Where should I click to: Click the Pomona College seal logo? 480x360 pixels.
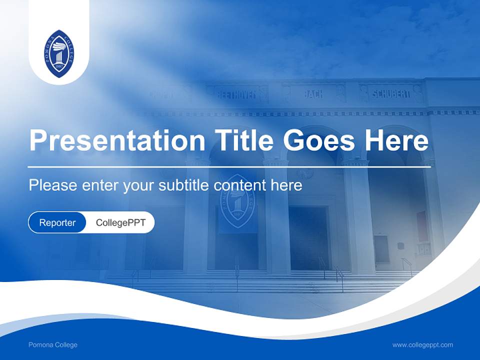pyautogui.click(x=59, y=53)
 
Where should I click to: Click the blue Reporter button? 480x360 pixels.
pyautogui.click(x=57, y=222)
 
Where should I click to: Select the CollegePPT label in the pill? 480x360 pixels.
pyautogui.click(x=120, y=222)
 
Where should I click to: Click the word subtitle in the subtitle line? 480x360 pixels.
pyautogui.click(x=184, y=185)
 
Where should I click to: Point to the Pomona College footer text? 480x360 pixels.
pyautogui.click(x=53, y=345)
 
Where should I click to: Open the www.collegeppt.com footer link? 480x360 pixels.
pyautogui.click(x=422, y=345)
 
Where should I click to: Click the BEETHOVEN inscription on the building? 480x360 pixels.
pyautogui.click(x=236, y=94)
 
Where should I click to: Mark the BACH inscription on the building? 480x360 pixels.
pyautogui.click(x=313, y=93)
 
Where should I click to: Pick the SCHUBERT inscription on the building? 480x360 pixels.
pyautogui.click(x=391, y=93)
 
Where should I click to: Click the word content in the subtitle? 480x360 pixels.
pyautogui.click(x=238, y=185)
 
